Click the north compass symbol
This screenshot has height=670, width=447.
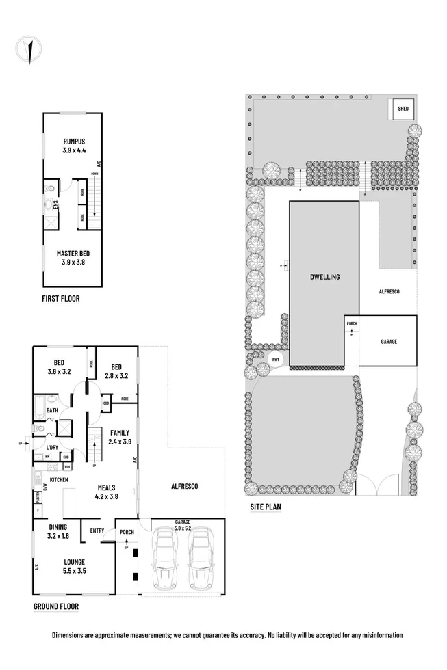coord(27,49)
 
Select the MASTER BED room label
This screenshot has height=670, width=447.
coord(73,257)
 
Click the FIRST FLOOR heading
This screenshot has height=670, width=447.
coord(60,298)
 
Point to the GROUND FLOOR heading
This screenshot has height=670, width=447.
coord(56,606)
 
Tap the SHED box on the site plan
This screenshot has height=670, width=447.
coord(400,109)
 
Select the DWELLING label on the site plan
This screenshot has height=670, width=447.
coord(324,277)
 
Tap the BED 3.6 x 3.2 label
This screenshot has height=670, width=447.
coord(59,366)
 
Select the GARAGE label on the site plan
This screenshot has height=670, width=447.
coord(388,342)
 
